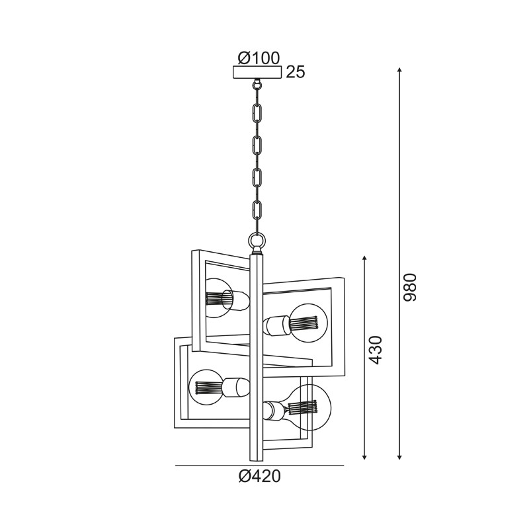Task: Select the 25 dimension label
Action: (x=296, y=73)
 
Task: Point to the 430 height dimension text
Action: (x=375, y=350)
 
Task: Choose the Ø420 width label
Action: (x=259, y=477)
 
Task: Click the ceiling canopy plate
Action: (x=257, y=73)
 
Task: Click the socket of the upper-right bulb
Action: (x=274, y=325)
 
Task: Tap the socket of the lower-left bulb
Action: (x=235, y=386)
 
